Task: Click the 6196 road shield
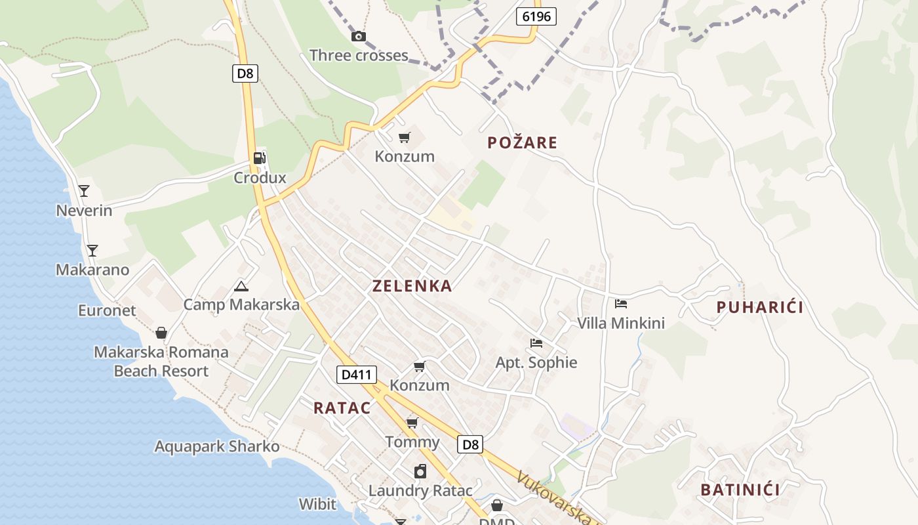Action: tap(536, 16)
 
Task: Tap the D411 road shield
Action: tap(357, 375)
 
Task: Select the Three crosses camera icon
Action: tap(359, 37)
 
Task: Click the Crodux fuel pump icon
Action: tap(260, 158)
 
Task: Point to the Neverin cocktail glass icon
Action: tap(84, 191)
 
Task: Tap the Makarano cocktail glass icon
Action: tap(92, 250)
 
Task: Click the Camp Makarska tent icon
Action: tap(241, 285)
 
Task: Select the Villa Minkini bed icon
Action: tap(621, 303)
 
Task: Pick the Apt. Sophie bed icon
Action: tap(536, 343)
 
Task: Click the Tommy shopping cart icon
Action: tap(412, 422)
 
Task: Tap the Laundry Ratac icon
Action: tap(420, 471)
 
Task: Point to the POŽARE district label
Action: tap(523, 142)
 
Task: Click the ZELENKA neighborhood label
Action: tap(412, 286)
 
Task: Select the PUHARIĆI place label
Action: tap(759, 307)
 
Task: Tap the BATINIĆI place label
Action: tap(740, 490)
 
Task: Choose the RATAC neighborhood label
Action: tap(342, 408)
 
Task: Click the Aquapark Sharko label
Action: tap(217, 447)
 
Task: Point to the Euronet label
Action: tap(107, 310)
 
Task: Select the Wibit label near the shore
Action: tap(317, 504)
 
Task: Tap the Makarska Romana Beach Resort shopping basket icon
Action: tap(161, 333)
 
